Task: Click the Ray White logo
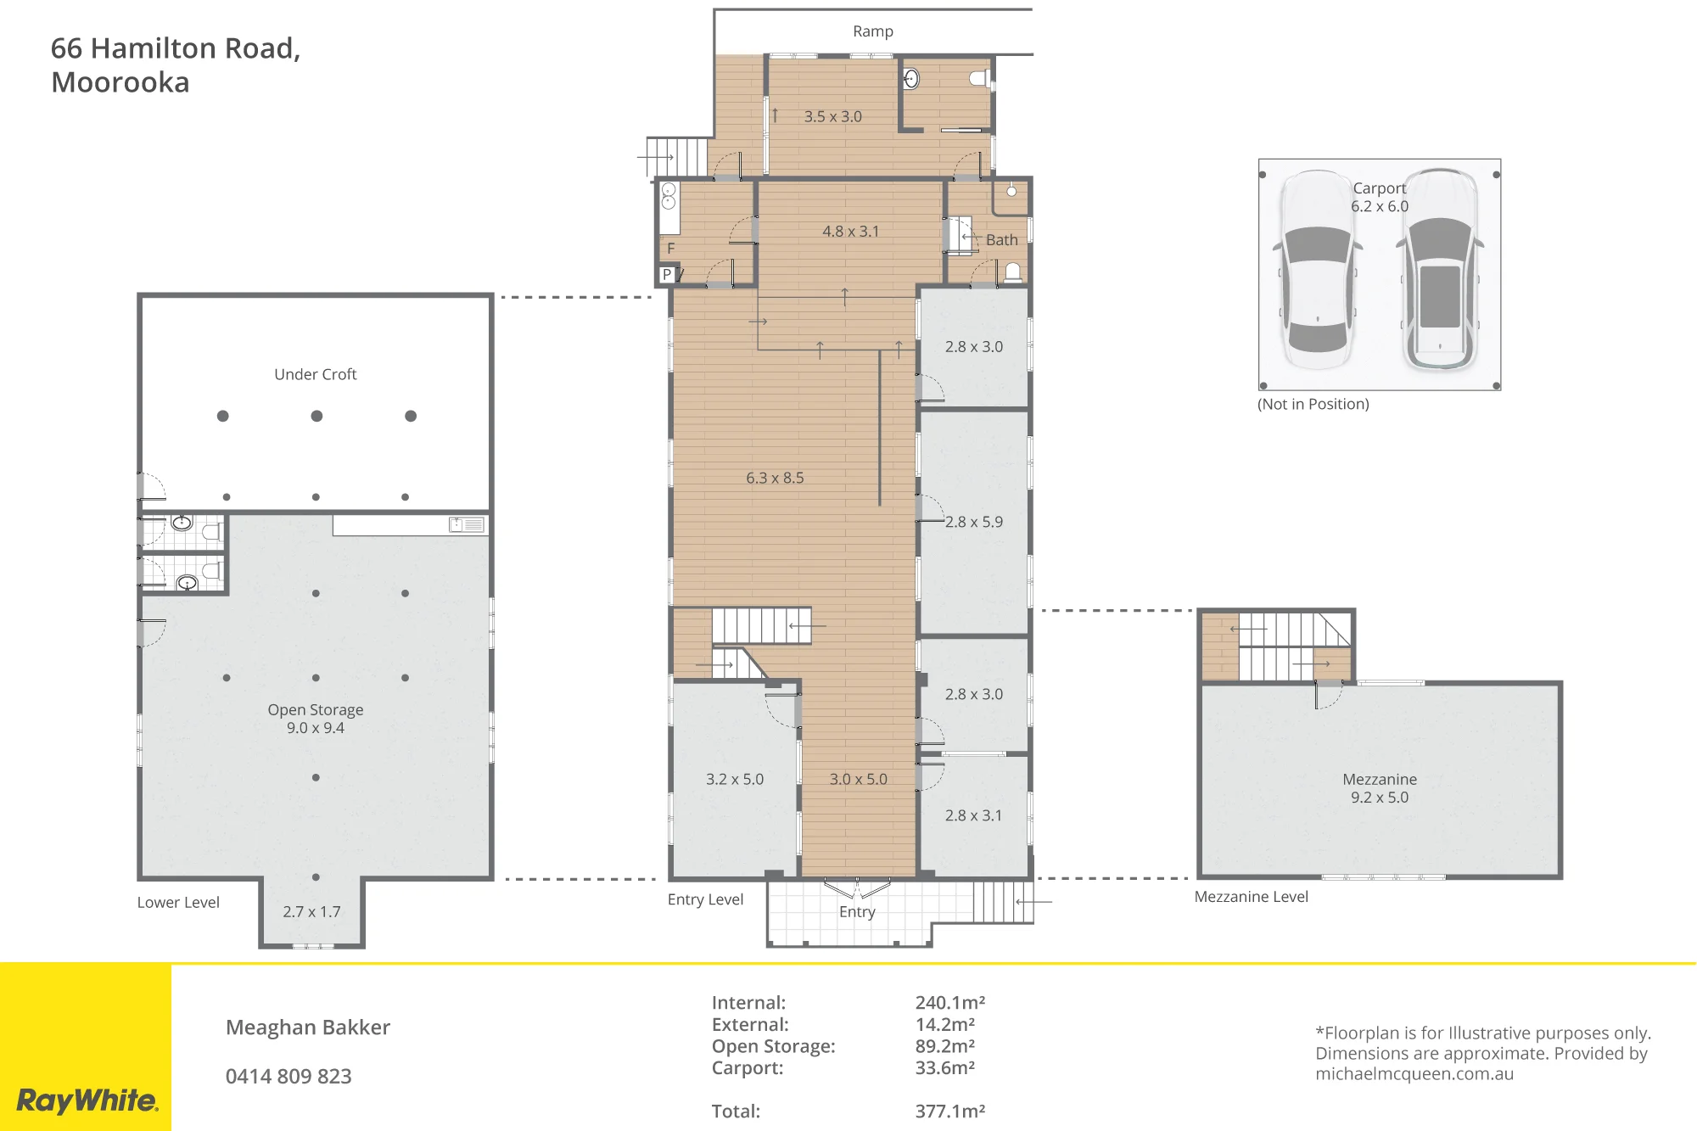click(x=87, y=1100)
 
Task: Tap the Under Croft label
click(x=316, y=374)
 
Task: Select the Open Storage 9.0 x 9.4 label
click(x=316, y=719)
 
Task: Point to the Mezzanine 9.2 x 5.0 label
click(x=1380, y=788)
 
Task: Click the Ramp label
click(x=873, y=31)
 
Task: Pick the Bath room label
click(x=1001, y=240)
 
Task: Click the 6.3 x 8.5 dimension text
click(x=775, y=478)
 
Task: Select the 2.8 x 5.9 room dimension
click(x=974, y=522)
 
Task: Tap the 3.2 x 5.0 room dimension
click(x=735, y=779)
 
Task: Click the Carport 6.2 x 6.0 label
click(x=1380, y=197)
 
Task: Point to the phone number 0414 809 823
click(x=288, y=1076)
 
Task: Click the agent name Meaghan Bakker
click(x=308, y=1027)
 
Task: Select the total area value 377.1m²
click(x=950, y=1111)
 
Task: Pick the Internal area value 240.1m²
click(x=950, y=1002)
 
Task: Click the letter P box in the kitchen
click(x=668, y=274)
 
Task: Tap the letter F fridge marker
click(x=671, y=249)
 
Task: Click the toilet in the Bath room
click(x=1012, y=272)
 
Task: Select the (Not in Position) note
click(x=1313, y=404)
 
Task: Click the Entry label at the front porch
click(x=857, y=912)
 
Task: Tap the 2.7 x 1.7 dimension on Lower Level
click(x=311, y=912)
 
